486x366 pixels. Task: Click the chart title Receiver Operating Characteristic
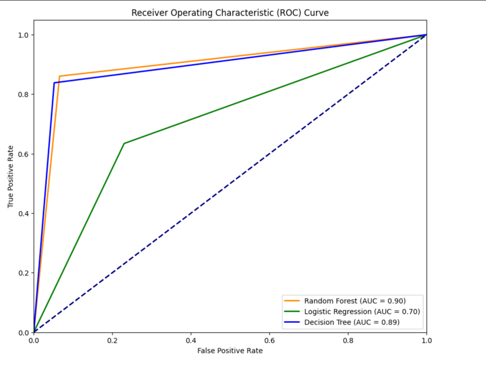[230, 13]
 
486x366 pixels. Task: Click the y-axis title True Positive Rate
[11, 176]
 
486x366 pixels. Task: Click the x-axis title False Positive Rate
[230, 350]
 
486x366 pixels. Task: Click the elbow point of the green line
[124, 143]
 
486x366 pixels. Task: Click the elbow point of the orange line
[60, 76]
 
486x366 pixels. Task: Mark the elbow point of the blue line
[54, 83]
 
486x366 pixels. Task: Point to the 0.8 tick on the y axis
[23, 94]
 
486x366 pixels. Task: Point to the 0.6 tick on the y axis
[23, 154]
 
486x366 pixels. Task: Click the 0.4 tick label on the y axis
[23, 213]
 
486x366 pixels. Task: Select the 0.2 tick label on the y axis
[23, 273]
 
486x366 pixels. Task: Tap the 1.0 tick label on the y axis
[23, 35]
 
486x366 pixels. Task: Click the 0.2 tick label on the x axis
[112, 340]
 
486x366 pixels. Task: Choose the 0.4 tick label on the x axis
[191, 340]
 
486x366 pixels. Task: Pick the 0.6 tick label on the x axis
[269, 340]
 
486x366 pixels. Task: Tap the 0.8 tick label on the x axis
[348, 340]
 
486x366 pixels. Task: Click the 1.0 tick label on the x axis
[426, 340]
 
